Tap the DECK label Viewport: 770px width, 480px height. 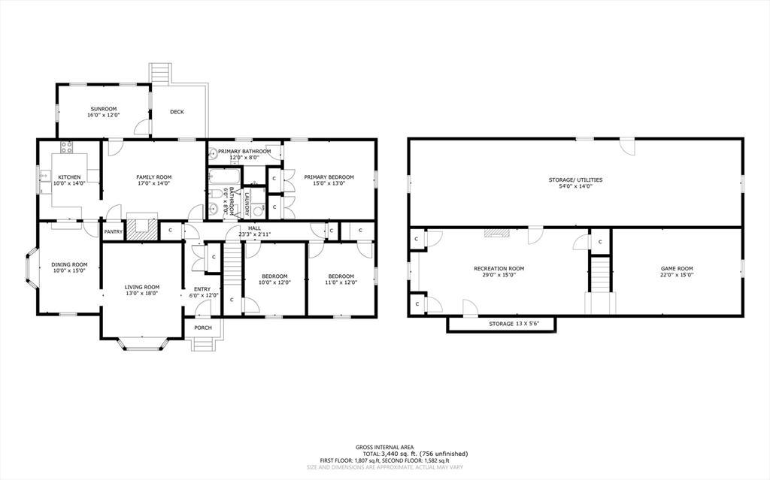(x=177, y=112)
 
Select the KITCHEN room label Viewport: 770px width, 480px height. (x=69, y=177)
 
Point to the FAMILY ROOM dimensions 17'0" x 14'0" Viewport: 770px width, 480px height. (x=153, y=183)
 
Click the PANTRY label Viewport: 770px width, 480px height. (x=113, y=231)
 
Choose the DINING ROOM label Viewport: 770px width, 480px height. (x=69, y=264)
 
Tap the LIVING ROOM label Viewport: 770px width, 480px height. (x=141, y=286)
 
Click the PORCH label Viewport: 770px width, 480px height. (x=203, y=328)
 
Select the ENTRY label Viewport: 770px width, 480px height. (x=202, y=289)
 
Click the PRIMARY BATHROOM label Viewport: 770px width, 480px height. (x=244, y=151)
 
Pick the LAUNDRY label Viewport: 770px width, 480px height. (x=246, y=203)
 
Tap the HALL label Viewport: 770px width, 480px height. (x=255, y=229)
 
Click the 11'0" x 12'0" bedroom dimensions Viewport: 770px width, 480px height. (x=341, y=282)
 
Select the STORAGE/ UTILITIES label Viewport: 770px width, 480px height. (x=575, y=180)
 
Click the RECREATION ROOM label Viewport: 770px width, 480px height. (x=499, y=268)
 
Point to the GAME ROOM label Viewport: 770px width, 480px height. (x=677, y=268)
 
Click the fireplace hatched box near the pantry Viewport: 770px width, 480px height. (x=141, y=228)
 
